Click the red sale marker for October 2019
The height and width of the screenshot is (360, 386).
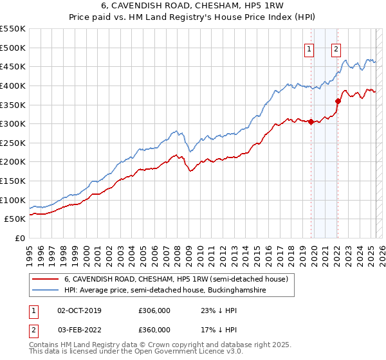pyautogui.click(x=311, y=122)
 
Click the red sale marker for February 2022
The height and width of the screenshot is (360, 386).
pyautogui.click(x=337, y=101)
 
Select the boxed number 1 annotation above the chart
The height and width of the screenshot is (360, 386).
pyautogui.click(x=309, y=48)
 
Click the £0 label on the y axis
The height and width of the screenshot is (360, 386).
pyautogui.click(x=20, y=238)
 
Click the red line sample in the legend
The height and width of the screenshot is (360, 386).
pyautogui.click(x=46, y=279)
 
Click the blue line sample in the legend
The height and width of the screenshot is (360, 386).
pyautogui.click(x=46, y=291)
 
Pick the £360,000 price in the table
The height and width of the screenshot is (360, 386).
pyautogui.click(x=154, y=330)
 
